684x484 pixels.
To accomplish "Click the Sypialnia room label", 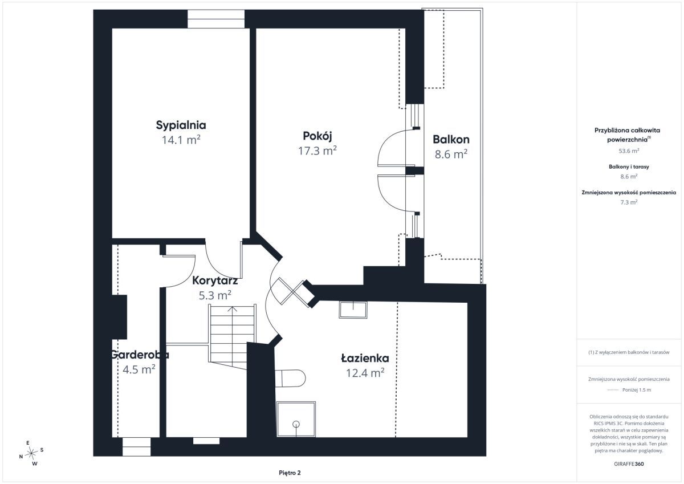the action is coord(181,125).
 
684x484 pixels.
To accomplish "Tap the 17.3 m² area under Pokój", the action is coord(317,151).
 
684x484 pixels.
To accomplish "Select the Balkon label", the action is coord(451,139).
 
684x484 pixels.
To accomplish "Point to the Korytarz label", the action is coord(215,280).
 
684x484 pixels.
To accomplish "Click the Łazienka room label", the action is coord(365,358).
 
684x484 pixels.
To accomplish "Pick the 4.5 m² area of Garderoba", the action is coord(139,369).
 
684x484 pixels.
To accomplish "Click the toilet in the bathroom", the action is coord(290,378).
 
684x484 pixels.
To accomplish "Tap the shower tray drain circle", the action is coord(296,424).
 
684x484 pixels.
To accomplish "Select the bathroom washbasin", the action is coord(353,310).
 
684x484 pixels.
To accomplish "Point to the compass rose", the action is coord(31,453).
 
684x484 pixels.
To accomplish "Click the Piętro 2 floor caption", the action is coord(290,473).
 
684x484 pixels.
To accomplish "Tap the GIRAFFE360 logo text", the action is coord(629,464).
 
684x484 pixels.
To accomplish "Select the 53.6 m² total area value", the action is coord(629,151).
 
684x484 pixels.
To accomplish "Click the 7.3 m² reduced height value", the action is coord(629,202).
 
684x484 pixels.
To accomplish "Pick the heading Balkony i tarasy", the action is coord(629,166).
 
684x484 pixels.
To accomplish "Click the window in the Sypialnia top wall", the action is coord(216,19).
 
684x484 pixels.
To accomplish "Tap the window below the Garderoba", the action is coord(136,447).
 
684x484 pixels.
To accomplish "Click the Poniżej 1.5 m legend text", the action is coord(637,390).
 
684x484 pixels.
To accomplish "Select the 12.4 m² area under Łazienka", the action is coord(365,373).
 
